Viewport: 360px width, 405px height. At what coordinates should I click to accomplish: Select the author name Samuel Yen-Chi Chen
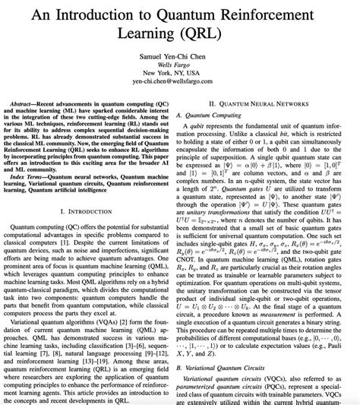[179, 59]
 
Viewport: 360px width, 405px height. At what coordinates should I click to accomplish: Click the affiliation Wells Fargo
[180, 70]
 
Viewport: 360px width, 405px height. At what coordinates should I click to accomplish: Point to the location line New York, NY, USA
[180, 80]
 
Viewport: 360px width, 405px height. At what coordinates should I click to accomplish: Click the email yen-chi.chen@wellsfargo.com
[179, 90]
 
